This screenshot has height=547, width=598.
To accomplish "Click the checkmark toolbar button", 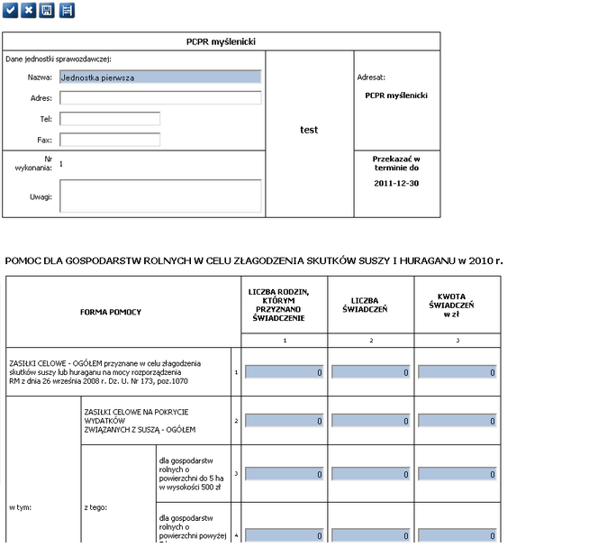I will [10, 10].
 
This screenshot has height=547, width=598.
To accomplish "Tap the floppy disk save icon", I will [48, 10].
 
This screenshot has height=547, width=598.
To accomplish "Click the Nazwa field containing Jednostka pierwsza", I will [160, 77].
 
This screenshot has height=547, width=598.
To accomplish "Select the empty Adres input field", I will [160, 97].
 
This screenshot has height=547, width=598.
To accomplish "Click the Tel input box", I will [110, 118].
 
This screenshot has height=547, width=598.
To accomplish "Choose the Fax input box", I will [110, 140].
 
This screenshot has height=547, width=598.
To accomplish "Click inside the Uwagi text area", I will [160, 196].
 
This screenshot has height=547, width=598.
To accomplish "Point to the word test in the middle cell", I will [309, 130].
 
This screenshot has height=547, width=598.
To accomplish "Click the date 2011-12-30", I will [396, 183].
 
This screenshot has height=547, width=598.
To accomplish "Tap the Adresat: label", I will [371, 77].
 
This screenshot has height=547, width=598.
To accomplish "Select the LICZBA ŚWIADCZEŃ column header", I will [369, 305].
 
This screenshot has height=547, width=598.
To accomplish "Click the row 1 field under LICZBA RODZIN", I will [283, 371].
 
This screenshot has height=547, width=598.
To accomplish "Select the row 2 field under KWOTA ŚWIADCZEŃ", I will [456, 421].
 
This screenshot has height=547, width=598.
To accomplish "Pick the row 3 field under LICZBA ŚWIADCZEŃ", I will [369, 474].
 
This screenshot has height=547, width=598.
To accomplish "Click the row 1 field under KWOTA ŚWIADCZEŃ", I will [456, 371].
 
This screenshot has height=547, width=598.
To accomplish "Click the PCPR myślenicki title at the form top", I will [221, 41].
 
